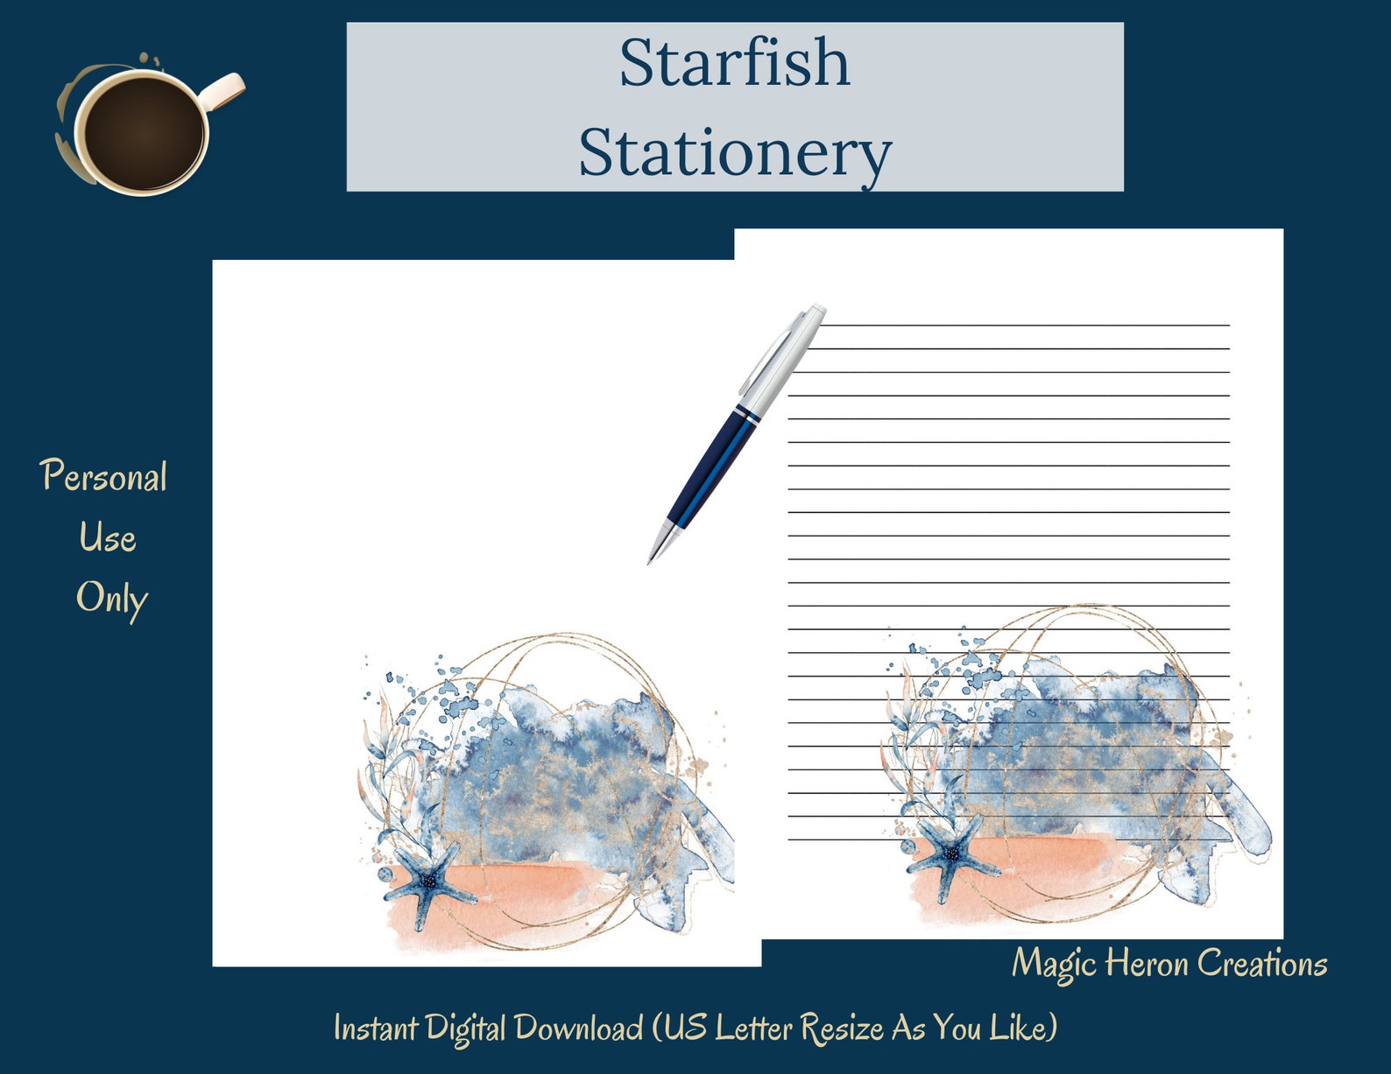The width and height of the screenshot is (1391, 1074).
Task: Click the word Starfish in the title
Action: click(x=734, y=63)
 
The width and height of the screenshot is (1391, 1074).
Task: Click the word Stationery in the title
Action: click(x=734, y=152)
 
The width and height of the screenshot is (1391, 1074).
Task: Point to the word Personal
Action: click(x=103, y=478)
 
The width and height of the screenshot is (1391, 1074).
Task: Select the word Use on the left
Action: click(x=107, y=538)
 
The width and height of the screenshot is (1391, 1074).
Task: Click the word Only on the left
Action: click(x=111, y=600)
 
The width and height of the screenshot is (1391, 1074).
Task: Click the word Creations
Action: click(x=1261, y=964)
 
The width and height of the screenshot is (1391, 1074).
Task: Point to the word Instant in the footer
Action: click(x=375, y=1028)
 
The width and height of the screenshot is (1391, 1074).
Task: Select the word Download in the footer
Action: click(x=578, y=1028)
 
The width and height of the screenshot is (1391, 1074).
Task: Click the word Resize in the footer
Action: click(x=842, y=1028)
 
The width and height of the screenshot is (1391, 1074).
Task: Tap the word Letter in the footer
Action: click(x=753, y=1028)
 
